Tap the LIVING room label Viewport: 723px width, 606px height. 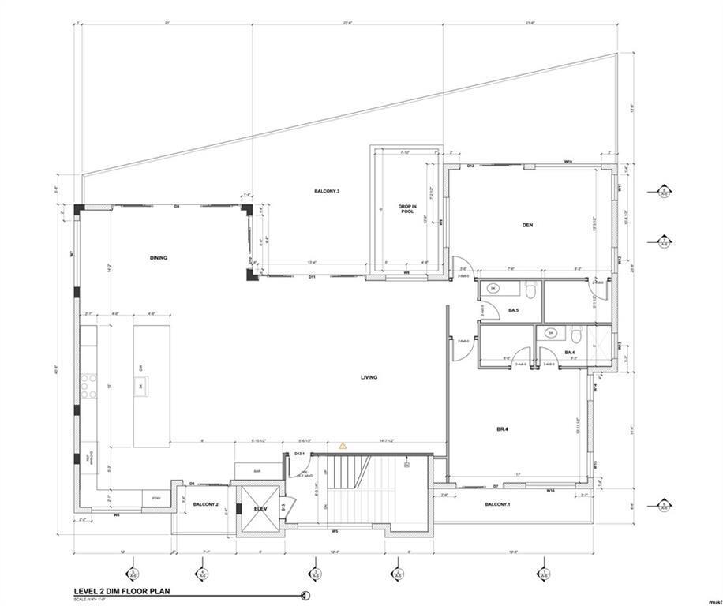click(x=369, y=377)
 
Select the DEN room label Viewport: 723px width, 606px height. click(x=527, y=226)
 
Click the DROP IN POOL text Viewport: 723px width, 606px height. click(x=406, y=208)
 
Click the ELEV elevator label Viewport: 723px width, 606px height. click(x=261, y=509)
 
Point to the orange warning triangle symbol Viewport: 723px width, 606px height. click(x=343, y=446)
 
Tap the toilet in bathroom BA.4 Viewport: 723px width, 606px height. click(x=578, y=333)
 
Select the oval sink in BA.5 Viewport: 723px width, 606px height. click(x=493, y=289)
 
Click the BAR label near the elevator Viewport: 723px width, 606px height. click(x=257, y=471)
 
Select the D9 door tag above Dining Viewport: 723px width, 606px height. click(x=177, y=206)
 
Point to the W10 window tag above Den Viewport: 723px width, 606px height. click(x=568, y=161)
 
